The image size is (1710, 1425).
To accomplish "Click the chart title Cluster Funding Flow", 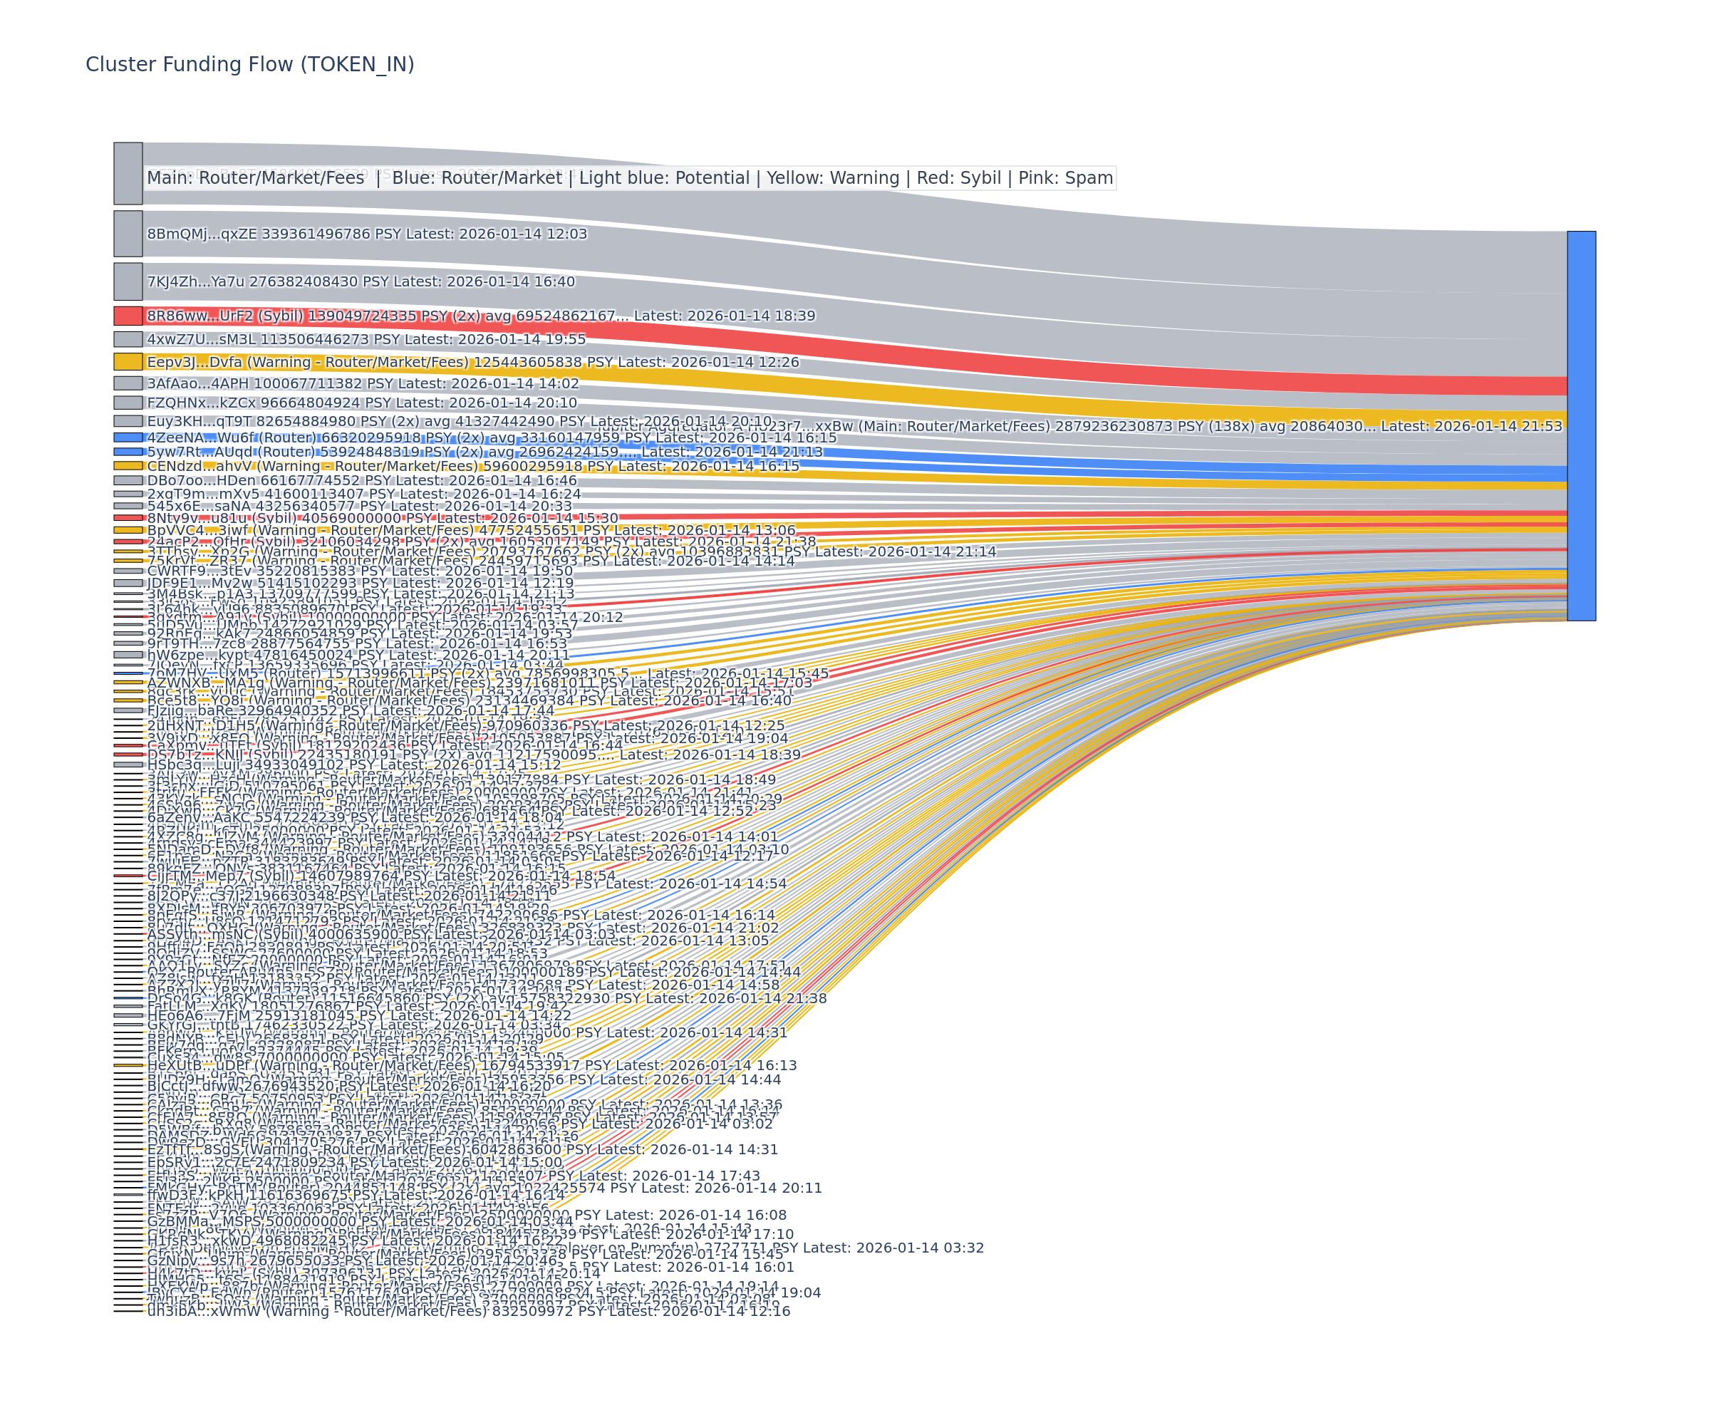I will point(249,64).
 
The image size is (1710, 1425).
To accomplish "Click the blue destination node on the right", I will point(1580,425).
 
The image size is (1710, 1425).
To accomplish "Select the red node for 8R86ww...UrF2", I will point(128,315).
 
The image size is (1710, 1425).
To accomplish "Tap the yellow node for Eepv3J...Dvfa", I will point(128,361).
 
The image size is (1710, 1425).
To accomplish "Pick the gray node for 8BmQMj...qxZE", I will point(128,234).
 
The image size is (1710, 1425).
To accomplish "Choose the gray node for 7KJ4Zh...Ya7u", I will point(128,281).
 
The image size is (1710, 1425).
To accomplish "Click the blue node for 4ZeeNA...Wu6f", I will point(128,437).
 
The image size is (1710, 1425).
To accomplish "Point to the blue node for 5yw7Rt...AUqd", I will point(128,451).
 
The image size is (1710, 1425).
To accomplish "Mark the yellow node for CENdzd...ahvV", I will point(128,466).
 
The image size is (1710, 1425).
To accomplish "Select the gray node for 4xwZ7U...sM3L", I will point(128,338).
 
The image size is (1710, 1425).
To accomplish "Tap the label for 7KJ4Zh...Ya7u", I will point(361,281).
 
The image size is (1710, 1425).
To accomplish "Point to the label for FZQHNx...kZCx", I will point(361,403).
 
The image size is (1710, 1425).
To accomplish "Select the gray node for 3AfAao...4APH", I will point(128,383).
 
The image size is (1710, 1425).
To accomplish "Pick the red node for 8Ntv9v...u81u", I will point(128,518).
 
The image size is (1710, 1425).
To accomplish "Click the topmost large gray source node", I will point(128,173).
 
